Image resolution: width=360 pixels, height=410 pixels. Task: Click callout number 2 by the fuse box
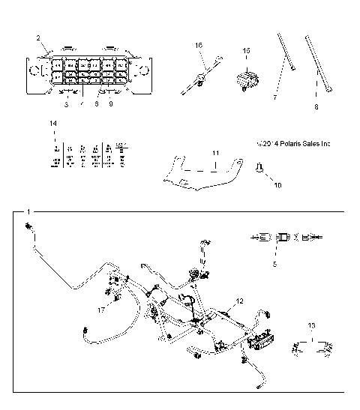37,37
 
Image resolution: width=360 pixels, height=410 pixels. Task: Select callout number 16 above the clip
199,46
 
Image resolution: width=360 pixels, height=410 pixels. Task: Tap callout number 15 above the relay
245,50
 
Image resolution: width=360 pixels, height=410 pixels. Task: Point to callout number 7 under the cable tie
275,98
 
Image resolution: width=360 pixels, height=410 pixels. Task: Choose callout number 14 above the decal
52,122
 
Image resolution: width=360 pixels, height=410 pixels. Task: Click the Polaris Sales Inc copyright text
292,143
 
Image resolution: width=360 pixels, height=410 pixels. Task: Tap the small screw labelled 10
259,169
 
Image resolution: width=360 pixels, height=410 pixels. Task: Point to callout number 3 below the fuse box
66,105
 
